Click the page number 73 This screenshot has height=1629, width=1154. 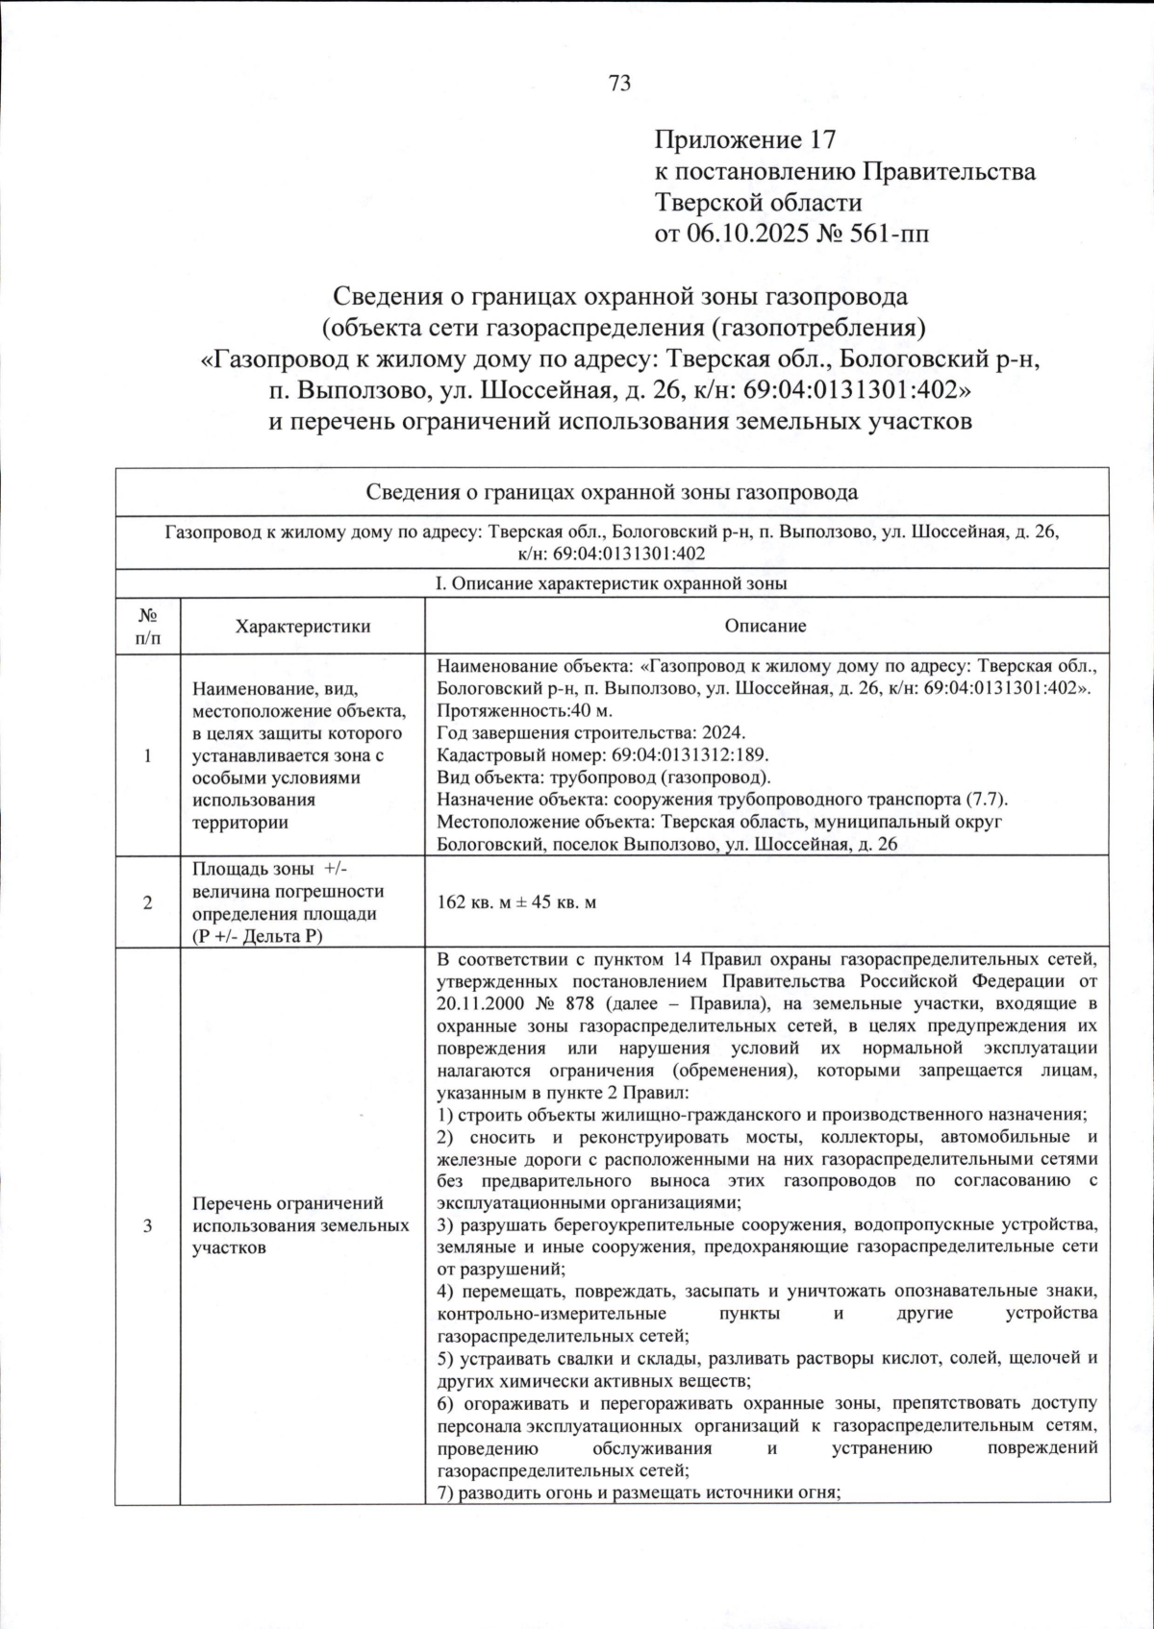click(620, 84)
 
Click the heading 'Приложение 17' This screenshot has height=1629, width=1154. click(744, 140)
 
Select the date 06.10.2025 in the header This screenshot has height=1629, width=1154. click(745, 234)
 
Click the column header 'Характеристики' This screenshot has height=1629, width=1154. click(302, 627)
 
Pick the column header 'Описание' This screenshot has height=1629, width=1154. click(765, 627)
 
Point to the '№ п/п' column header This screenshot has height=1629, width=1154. click(147, 626)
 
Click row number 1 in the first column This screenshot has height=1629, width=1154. click(147, 755)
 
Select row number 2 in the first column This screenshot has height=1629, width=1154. click(147, 902)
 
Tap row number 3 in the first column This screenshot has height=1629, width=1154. click(147, 1225)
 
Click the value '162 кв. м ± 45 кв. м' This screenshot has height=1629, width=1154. click(516, 902)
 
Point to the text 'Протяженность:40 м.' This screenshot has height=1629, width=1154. click(524, 710)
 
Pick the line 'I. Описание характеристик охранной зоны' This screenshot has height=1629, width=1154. click(612, 583)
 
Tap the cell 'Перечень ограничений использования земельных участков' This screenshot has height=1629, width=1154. click(300, 1225)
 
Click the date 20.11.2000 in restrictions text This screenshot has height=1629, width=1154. click(484, 1003)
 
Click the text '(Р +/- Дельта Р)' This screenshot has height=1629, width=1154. click(257, 936)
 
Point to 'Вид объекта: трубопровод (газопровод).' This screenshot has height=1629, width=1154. click(603, 777)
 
